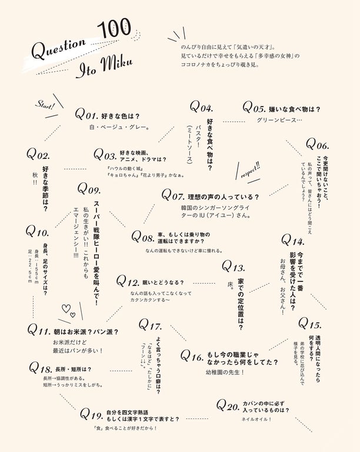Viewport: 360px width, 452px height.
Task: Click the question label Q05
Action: tap(254, 108)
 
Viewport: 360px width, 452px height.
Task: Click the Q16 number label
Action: tap(191, 356)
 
